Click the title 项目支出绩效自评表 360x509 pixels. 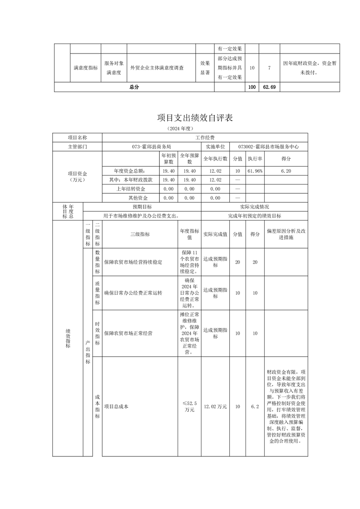coord(195,118)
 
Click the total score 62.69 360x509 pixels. coord(269,87)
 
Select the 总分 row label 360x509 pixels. coord(134,87)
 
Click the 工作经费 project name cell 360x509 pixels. coord(205,137)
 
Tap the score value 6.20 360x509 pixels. coord(286,171)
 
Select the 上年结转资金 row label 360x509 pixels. coord(131,189)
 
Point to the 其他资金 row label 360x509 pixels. coord(137,198)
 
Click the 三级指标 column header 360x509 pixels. coord(140,234)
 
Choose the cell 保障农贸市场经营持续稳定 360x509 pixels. coord(133,262)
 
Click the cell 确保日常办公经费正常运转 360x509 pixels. coord(133,293)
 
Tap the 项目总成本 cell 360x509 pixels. coord(117,406)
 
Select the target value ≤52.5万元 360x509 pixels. coord(189,406)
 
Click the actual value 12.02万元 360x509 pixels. coord(216,406)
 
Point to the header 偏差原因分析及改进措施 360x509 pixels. coord(286,234)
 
